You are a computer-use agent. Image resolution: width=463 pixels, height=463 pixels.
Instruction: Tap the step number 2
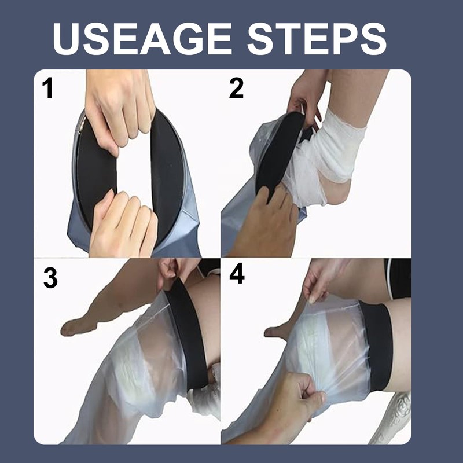pyautogui.click(x=236, y=89)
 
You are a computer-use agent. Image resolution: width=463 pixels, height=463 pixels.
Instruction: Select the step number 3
pyautogui.click(x=50, y=278)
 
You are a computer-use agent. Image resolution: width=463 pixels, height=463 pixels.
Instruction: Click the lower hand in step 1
pyautogui.click(x=124, y=223)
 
